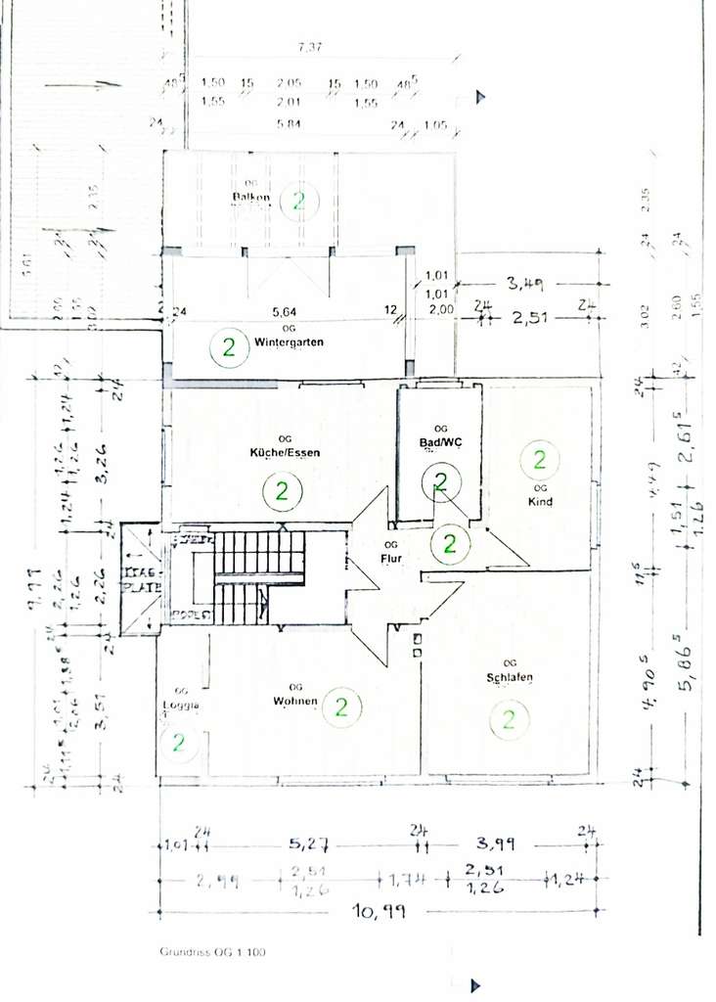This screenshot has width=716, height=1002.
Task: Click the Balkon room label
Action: point(251,198)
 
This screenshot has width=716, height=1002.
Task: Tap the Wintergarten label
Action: point(289,342)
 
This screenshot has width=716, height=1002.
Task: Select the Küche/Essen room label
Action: point(285,452)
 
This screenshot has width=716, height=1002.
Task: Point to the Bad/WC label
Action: point(439,442)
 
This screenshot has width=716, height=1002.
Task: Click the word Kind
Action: point(539,502)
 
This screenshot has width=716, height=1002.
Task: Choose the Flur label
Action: point(391,560)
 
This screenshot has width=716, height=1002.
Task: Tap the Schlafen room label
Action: point(509,678)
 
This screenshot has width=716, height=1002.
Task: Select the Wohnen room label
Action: point(296,700)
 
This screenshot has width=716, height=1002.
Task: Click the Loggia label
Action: point(181,705)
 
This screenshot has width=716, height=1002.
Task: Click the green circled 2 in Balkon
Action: point(299,202)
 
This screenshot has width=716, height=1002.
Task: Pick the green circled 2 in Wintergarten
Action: point(230,346)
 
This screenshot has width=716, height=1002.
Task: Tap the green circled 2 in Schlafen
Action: point(509,721)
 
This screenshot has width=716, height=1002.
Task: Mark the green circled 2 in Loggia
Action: point(179,742)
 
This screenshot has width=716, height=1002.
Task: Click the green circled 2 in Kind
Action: point(539,458)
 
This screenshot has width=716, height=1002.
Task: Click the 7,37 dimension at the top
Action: point(311,46)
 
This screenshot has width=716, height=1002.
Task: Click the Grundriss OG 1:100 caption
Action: point(213,951)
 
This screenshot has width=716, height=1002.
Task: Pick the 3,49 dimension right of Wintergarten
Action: point(523,284)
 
